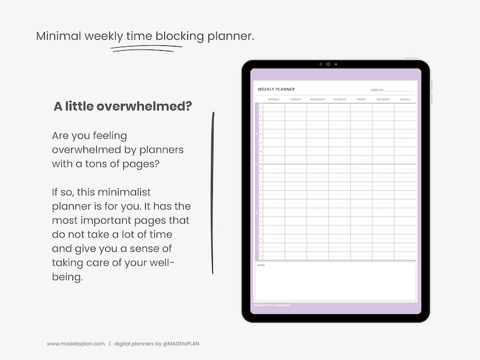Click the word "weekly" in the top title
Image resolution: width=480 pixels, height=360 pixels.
click(x=103, y=36)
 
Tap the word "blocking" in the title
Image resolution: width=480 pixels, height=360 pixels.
click(x=180, y=36)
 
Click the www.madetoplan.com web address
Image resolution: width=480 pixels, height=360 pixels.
click(x=76, y=344)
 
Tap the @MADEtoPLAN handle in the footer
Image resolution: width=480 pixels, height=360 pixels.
click(x=186, y=344)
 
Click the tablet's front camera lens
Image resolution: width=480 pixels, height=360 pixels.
click(x=328, y=64)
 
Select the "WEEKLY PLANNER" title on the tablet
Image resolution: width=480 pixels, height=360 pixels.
click(x=276, y=89)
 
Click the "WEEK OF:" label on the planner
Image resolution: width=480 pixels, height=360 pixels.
click(x=377, y=90)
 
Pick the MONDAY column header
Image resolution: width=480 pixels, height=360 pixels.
click(x=273, y=99)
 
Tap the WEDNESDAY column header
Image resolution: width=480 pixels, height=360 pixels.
click(x=317, y=99)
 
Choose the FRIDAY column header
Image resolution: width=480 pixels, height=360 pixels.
click(x=361, y=99)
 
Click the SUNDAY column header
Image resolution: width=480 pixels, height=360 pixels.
click(x=405, y=99)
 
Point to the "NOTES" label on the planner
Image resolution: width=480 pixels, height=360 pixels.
click(x=261, y=265)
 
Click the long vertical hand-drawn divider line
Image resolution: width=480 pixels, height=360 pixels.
click(x=212, y=193)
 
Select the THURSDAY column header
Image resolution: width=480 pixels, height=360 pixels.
click(x=339, y=99)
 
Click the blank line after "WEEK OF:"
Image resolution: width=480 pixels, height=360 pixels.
click(x=400, y=91)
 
